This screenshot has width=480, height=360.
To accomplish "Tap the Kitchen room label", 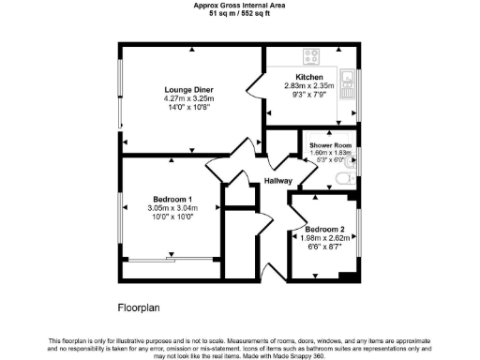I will point(309,77).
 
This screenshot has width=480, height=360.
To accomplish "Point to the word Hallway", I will point(277,181).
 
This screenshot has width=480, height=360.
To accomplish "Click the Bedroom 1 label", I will point(172,199).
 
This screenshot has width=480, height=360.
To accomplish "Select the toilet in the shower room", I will point(343,178).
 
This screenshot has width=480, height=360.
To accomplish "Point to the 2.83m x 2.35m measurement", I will point(309,86).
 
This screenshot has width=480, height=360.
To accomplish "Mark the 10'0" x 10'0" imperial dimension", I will point(172,217).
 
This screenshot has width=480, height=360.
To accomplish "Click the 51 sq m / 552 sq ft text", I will point(239,14).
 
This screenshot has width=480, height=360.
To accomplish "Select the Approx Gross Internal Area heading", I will point(239,6).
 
